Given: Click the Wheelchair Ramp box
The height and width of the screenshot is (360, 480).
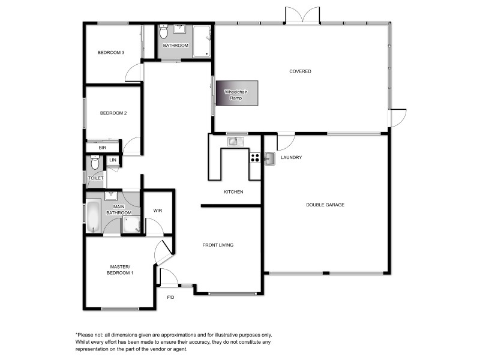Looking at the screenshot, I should (237, 95).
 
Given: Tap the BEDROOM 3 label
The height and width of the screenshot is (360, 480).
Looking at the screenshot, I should (111, 53).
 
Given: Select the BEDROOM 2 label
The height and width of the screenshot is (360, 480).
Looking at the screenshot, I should (113, 113).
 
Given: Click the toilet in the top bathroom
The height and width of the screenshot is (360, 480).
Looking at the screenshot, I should (164, 32).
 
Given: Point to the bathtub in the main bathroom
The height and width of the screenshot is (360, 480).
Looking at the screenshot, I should (93, 217).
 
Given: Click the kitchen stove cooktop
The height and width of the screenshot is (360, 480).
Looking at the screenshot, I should (254, 158).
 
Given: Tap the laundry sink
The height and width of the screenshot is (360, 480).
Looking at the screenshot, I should (269, 158).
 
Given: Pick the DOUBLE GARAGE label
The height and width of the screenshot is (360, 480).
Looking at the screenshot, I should (325, 205).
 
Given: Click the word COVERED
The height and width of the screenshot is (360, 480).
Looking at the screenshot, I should (300, 71).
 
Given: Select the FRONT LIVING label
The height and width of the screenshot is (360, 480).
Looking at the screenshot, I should (218, 245).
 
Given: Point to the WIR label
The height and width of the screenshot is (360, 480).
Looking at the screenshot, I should (158, 211).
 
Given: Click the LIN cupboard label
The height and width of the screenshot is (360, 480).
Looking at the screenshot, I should (113, 160).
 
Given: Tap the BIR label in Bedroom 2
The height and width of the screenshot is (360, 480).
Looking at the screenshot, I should (103, 147).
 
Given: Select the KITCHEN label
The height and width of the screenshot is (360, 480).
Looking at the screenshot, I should (233, 192).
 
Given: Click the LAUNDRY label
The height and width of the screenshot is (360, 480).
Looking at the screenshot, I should (291, 158).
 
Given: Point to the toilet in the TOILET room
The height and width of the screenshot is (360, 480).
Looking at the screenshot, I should (95, 163).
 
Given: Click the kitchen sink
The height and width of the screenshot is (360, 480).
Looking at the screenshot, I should (234, 142).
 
